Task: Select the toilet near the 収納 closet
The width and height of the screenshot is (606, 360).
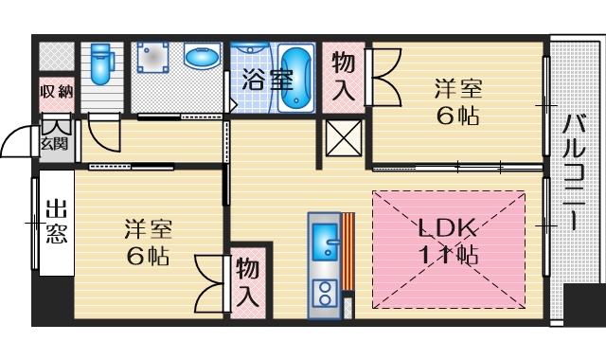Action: [x=100, y=63]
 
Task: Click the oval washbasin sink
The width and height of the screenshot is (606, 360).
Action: [x=200, y=59]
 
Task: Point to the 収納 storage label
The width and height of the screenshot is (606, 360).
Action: [x=56, y=91]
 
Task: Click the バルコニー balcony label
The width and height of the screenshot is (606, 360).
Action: [x=573, y=171]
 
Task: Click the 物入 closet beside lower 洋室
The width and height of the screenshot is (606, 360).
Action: [x=248, y=281]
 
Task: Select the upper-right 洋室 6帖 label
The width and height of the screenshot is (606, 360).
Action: [x=458, y=102]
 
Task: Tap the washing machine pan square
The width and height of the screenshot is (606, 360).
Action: [x=152, y=60]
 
